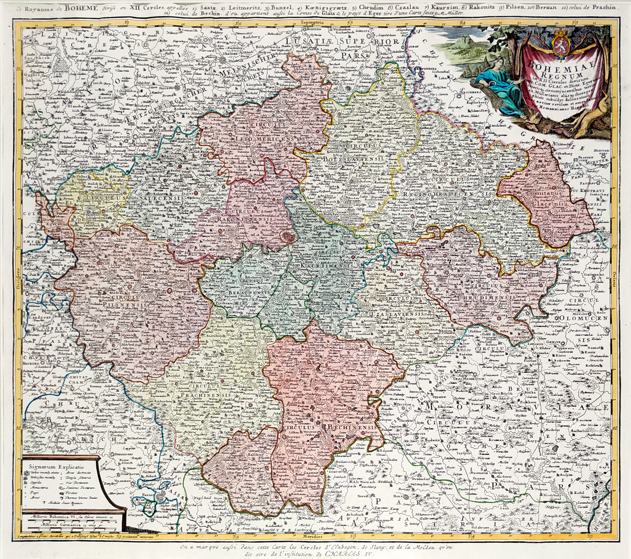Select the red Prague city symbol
(287, 235)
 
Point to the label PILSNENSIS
(125, 305)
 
